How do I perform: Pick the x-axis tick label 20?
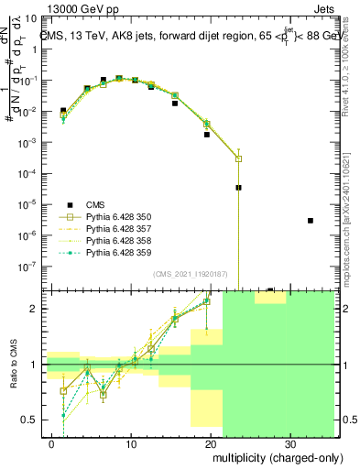pos(211,442)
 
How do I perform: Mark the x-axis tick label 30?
pos(289,442)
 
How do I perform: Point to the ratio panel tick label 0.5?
pos(32,420)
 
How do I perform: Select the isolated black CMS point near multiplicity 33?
pos(311,221)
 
